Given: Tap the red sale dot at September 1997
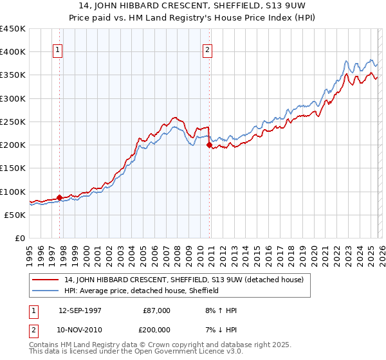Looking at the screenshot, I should coord(59,197).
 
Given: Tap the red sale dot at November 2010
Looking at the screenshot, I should coord(209,145).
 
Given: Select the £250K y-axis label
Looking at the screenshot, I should coord(13,122).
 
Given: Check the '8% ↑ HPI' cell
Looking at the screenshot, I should coord(220,310).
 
